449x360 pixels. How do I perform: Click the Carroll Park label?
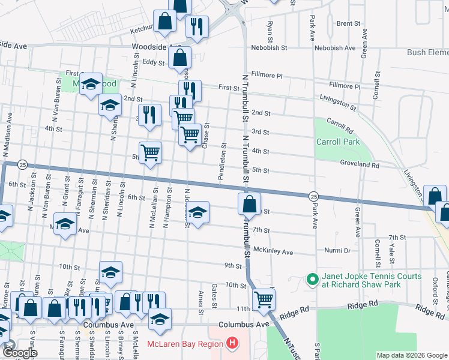pos(338,142)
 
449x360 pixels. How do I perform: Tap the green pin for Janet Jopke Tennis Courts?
pos(312,280)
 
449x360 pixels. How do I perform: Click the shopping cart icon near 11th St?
pos(264,299)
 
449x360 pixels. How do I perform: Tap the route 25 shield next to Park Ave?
pos(313,196)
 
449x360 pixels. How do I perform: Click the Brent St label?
pos(348,24)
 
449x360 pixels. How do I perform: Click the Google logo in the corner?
pos(20,353)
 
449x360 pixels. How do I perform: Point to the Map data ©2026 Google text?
pos(411,355)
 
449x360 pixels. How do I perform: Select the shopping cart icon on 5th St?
pos(149,152)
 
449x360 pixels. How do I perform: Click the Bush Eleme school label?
pos(427,53)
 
